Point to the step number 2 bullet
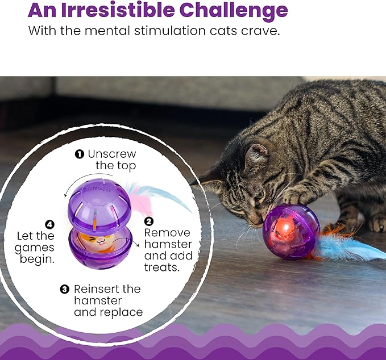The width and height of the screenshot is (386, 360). [149, 221]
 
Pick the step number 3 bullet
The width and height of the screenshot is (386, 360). [65, 290]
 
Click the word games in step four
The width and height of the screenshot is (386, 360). [35, 248]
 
